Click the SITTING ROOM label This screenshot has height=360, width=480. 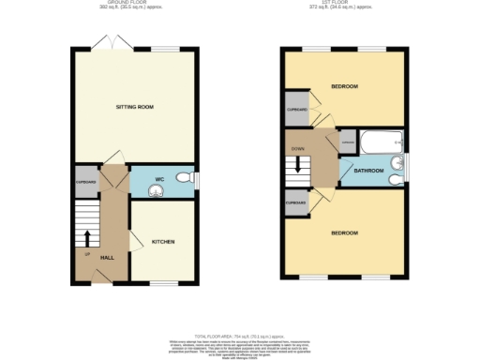click(135, 108)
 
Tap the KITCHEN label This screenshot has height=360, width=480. click(163, 241)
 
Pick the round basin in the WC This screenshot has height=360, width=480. click(157, 187)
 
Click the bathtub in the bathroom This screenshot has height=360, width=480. click(382, 142)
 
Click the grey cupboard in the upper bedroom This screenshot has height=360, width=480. click(297, 110)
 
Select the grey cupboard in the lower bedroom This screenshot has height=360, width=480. click(297, 202)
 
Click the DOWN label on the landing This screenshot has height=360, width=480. click(298, 148)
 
